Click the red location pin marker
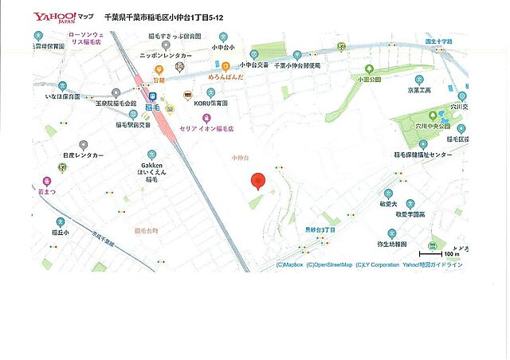[x=257, y=182]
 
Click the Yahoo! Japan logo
[x=54, y=17]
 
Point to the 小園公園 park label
[x=368, y=79]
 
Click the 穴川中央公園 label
[x=433, y=125]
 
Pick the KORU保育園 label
[x=210, y=104]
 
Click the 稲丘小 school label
[x=61, y=233]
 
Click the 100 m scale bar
[x=451, y=254]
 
